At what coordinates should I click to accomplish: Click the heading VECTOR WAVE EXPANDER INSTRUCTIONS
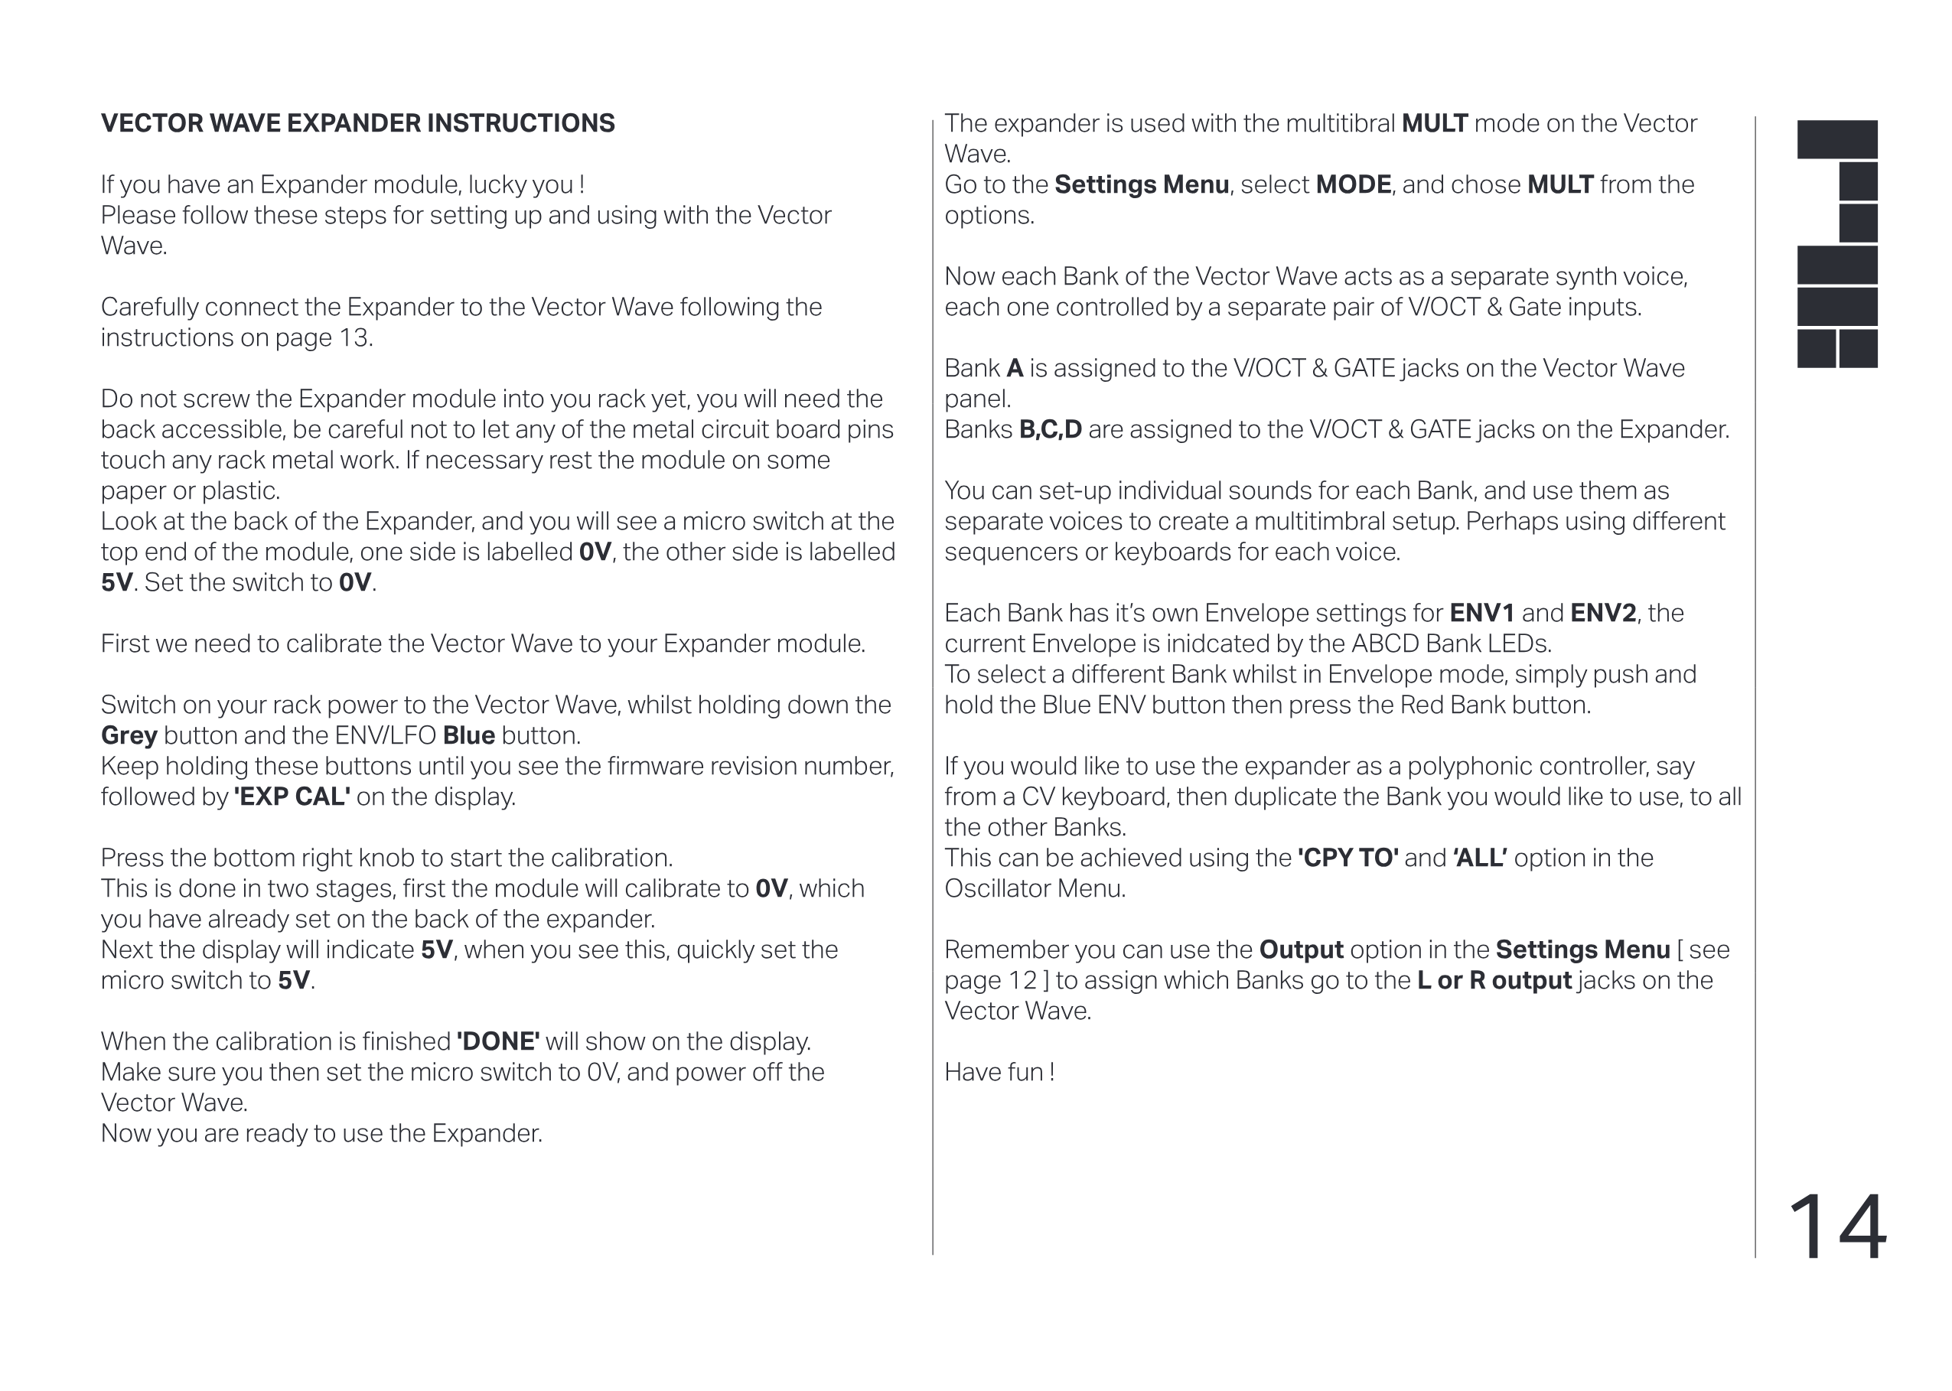[x=357, y=123]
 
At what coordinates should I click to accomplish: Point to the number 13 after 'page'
[x=354, y=337]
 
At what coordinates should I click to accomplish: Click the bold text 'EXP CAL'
[x=292, y=796]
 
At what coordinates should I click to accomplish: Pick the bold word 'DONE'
[x=497, y=1041]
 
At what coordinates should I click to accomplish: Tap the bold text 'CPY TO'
[x=1348, y=858]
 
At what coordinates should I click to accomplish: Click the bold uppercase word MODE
[x=1354, y=185]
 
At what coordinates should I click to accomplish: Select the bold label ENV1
[x=1481, y=614]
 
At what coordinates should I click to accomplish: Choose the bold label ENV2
[x=1602, y=614]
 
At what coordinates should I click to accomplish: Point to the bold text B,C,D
[x=1050, y=430]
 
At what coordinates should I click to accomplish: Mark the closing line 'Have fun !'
[x=999, y=1073]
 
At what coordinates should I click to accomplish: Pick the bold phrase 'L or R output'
[x=1494, y=981]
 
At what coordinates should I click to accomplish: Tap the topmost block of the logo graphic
[x=1836, y=139]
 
